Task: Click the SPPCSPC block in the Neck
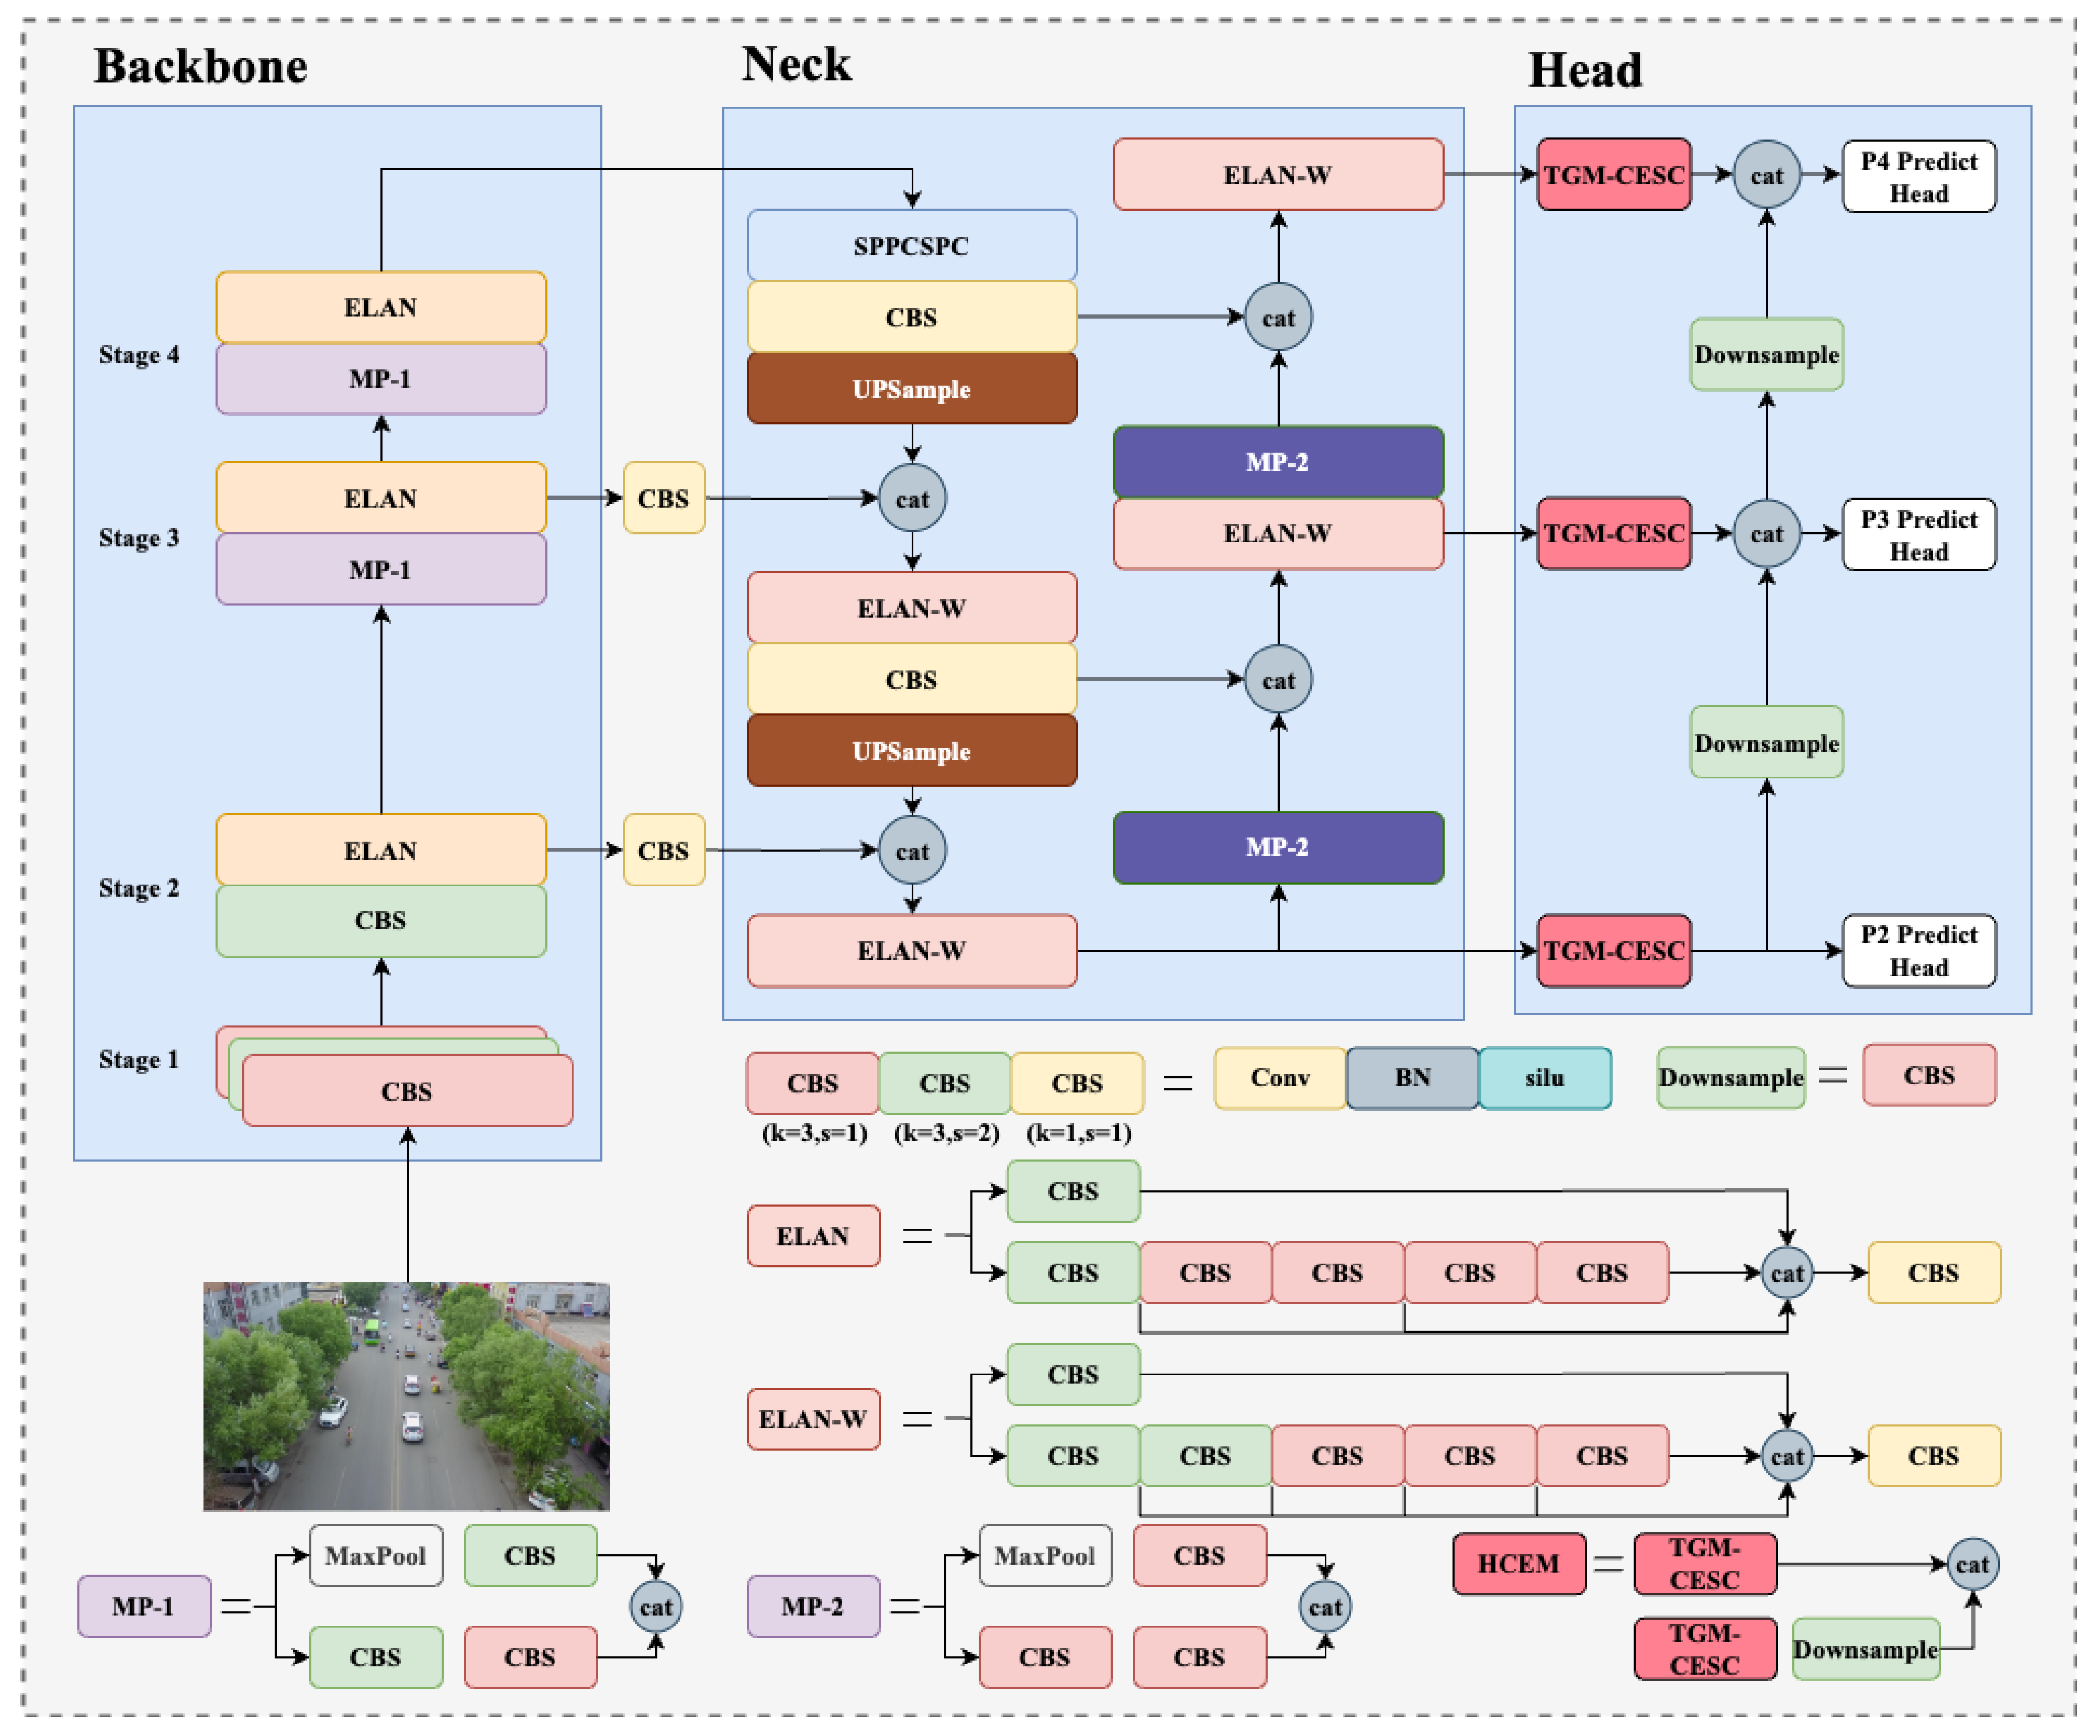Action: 911,245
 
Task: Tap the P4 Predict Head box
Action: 1917,177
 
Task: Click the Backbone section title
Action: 200,67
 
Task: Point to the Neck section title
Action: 796,64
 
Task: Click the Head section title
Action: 1584,70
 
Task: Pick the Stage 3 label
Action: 139,538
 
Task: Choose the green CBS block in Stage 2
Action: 380,920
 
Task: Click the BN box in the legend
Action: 1412,1078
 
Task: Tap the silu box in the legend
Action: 1543,1078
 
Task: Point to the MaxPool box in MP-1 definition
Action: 375,1555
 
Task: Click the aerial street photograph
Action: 406,1395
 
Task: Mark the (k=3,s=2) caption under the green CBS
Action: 946,1133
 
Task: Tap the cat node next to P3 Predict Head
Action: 1766,534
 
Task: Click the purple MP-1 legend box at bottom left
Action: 143,1606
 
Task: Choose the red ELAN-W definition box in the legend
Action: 812,1419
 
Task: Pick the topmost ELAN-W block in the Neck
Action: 1277,175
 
